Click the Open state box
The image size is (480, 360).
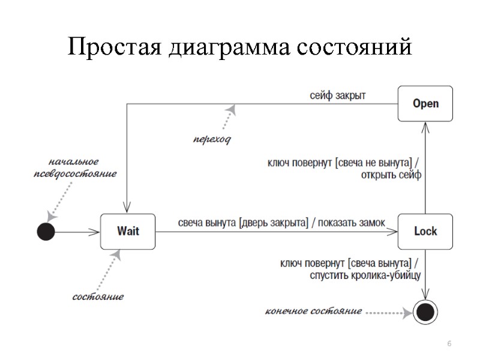[425, 104]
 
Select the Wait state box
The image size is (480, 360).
[128, 231]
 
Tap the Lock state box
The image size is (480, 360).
[425, 231]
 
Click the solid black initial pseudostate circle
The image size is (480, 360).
[46, 231]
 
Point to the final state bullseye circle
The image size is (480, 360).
[425, 311]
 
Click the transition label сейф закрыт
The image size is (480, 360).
[338, 95]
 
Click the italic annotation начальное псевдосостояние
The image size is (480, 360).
[74, 167]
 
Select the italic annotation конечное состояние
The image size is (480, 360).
[313, 311]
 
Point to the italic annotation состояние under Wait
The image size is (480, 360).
[98, 296]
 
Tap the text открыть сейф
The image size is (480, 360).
[392, 175]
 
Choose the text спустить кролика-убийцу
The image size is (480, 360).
[365, 275]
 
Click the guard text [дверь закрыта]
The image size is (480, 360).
[273, 222]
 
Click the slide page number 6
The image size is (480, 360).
[448, 343]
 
